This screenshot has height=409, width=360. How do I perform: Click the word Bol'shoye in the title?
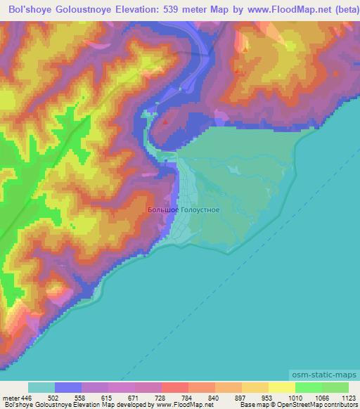coord(33,10)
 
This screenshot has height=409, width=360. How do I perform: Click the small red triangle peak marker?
coord(166,121)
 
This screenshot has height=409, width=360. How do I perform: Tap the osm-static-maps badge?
coord(323,376)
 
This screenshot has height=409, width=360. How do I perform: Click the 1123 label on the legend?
coord(349,397)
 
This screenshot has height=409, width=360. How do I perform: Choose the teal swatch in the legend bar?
coord(41,387)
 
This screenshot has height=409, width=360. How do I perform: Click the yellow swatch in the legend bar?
coord(282,387)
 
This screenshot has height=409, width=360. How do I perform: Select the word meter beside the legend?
coord(11,397)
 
